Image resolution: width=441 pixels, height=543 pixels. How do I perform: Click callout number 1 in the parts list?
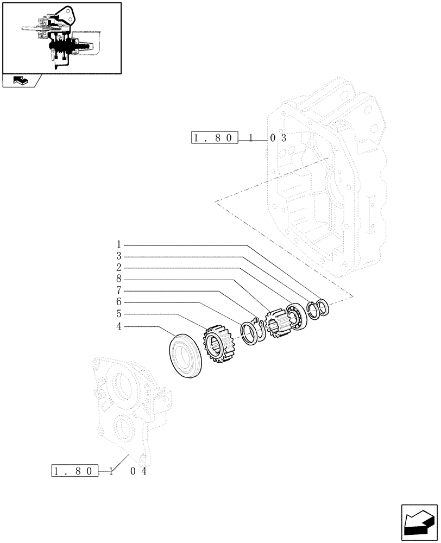(118, 244)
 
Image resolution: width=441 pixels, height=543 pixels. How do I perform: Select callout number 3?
(118, 256)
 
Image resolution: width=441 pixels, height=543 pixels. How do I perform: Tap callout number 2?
(118, 267)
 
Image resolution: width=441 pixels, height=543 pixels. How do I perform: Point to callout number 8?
(118, 279)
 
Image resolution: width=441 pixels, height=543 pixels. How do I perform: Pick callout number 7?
(118, 291)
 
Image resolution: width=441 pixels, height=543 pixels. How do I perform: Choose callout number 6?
(118, 302)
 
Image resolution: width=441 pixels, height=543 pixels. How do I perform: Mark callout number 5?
(118, 314)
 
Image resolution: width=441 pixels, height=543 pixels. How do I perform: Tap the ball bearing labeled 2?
(297, 317)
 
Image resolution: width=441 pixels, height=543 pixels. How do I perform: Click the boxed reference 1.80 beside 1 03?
(215, 138)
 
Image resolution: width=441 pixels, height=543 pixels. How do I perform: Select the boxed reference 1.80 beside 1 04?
(75, 471)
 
